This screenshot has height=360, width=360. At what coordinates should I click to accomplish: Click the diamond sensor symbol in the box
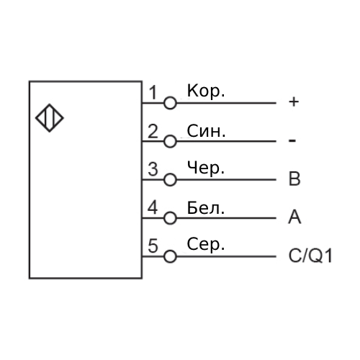[50, 105]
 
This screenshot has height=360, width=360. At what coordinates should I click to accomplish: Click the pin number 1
[153, 93]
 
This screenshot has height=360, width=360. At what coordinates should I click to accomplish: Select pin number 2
[153, 131]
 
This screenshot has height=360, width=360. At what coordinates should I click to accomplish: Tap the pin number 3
[153, 169]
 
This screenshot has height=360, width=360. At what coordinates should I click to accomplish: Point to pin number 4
[153, 207]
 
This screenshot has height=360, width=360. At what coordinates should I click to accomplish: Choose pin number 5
[153, 246]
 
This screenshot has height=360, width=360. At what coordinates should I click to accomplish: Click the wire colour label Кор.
[206, 91]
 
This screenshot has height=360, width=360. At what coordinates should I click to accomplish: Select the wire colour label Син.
[206, 131]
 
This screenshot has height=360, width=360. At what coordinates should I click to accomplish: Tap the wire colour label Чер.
[206, 168]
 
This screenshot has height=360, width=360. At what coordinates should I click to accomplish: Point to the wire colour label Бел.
[206, 208]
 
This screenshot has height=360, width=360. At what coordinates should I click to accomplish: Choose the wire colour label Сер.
[206, 245]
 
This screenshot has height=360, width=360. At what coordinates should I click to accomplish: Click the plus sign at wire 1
[294, 102]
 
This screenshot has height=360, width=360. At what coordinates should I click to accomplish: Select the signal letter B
[294, 179]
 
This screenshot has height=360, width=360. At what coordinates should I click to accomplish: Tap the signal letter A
[294, 217]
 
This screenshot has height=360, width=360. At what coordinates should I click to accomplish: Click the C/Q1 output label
[310, 256]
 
